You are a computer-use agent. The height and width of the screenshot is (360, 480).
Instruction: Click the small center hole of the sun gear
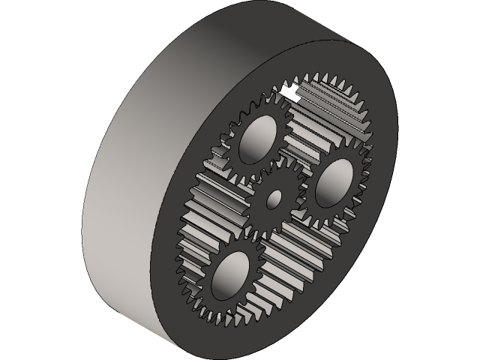pyautogui.click(x=274, y=199)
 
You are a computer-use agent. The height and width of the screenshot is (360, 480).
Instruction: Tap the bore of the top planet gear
pyautogui.click(x=256, y=139)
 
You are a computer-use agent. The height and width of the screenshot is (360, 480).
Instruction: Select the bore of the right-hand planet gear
pyautogui.click(x=334, y=181)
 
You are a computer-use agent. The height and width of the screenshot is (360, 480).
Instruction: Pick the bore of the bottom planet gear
pyautogui.click(x=230, y=274)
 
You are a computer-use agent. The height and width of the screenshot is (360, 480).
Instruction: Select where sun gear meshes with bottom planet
pyautogui.click(x=255, y=232)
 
